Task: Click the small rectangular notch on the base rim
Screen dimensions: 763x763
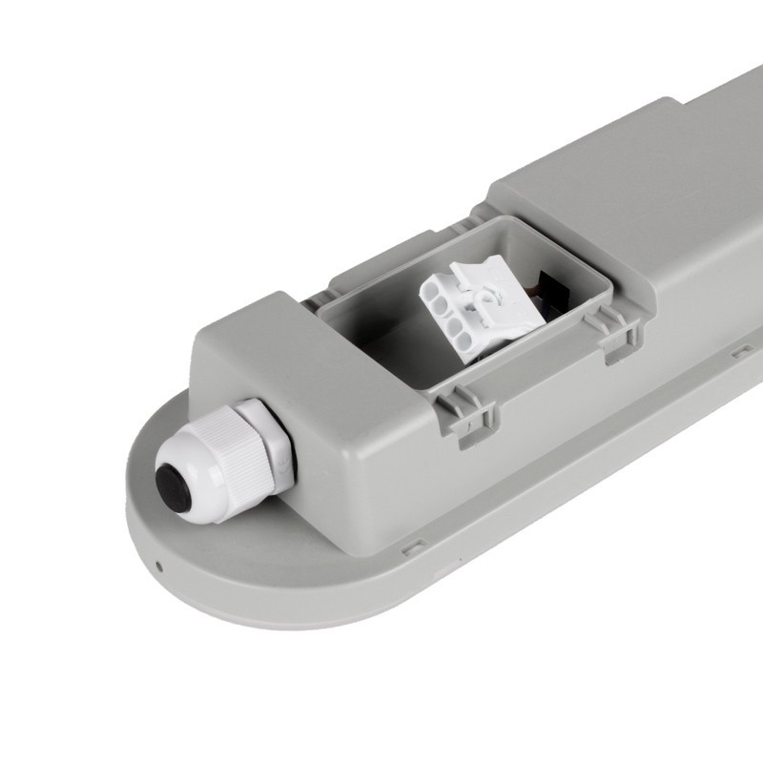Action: pyautogui.click(x=413, y=549)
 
